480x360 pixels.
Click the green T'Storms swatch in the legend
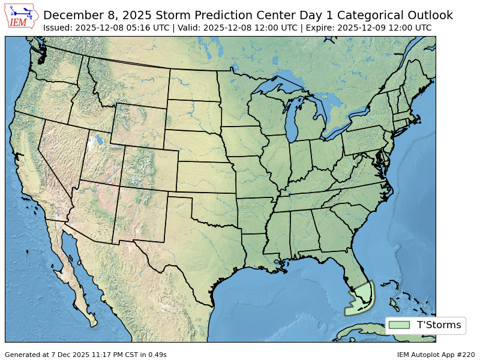click(x=399, y=325)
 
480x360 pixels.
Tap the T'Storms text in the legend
click(x=439, y=325)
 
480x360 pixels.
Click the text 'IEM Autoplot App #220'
click(x=436, y=355)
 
